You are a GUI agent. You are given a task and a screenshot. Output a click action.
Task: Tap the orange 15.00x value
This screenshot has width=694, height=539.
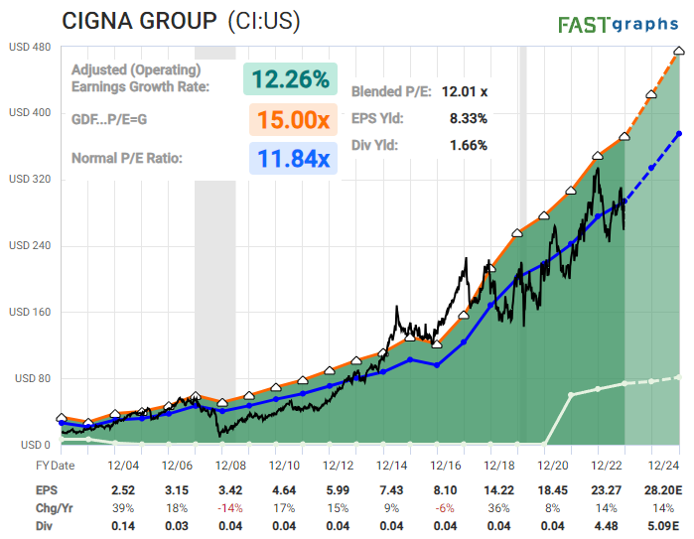point(292,120)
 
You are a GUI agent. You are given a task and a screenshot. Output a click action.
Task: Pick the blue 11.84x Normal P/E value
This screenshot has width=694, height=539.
point(292,158)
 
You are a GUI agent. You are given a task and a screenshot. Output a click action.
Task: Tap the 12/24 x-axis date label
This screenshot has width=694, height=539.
point(663,465)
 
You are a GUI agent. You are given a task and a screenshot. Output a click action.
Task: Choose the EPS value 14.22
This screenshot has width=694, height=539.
point(500,489)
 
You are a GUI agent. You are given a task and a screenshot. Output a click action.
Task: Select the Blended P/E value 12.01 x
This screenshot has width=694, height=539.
point(464,90)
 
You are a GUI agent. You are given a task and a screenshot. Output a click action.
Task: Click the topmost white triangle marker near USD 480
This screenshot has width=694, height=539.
point(678,51)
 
